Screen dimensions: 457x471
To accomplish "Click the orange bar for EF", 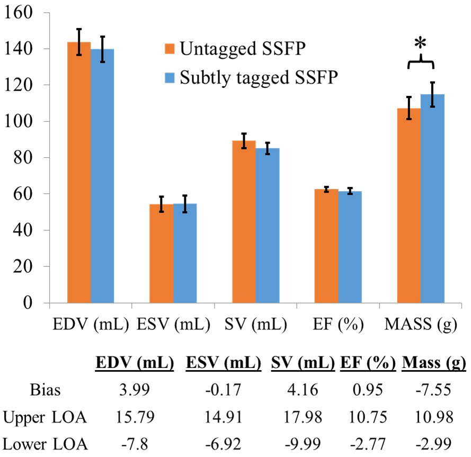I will pos(326,246).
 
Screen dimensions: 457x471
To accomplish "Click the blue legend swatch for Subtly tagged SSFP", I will pos(170,77).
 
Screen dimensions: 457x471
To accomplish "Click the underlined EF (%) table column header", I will pos(369,365).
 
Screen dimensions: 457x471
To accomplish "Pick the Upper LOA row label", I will pos(45,418).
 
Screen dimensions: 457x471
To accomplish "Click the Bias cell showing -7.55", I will pos(434,391).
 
